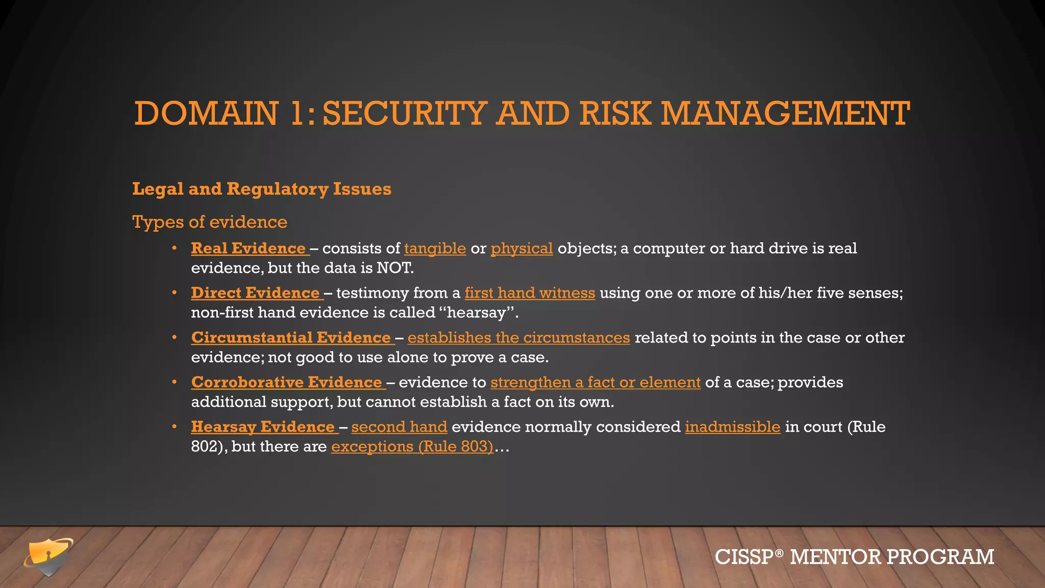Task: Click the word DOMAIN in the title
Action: [206, 113]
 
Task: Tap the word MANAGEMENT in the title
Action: [785, 113]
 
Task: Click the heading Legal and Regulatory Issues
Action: [262, 189]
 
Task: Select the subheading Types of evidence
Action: [210, 222]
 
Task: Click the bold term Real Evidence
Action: [248, 249]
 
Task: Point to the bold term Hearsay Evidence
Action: [263, 427]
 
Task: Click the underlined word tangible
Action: [435, 249]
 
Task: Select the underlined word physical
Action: [521, 249]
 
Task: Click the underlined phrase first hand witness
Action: [530, 293]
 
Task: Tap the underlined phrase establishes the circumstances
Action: [518, 338]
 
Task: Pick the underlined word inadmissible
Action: [732, 427]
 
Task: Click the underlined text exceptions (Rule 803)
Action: [412, 447]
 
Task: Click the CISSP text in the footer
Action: [744, 557]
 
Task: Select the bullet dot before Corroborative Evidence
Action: [175, 382]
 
